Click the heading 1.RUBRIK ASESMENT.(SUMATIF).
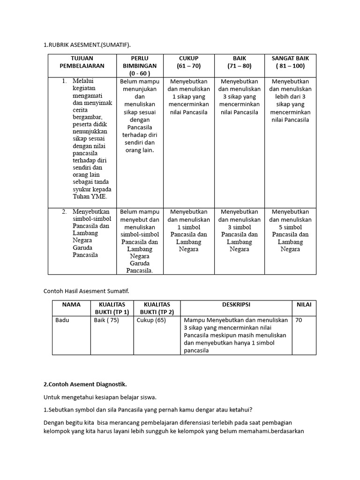[87, 45]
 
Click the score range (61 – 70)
[189, 66]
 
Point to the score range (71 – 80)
[240, 66]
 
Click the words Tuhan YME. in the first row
[90, 197]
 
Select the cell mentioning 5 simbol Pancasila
[290, 230]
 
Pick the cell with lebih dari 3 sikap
[290, 100]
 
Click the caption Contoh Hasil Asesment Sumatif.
[86, 291]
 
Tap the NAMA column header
[71, 305]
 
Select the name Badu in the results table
[62, 321]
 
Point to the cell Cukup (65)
[151, 321]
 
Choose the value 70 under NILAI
[300, 321]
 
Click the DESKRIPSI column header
[236, 305]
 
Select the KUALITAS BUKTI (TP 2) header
[157, 308]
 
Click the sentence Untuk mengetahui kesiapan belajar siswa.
[100, 397]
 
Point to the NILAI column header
[304, 305]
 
